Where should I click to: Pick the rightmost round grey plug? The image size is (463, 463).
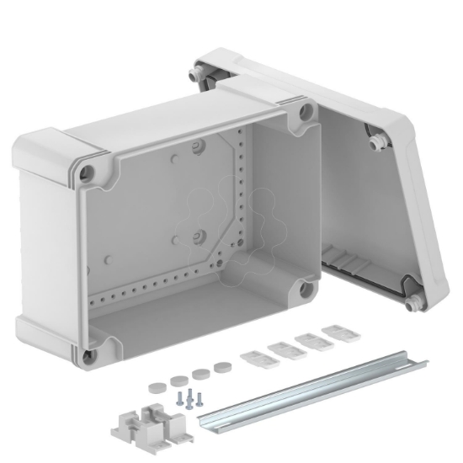[x=222, y=368]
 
